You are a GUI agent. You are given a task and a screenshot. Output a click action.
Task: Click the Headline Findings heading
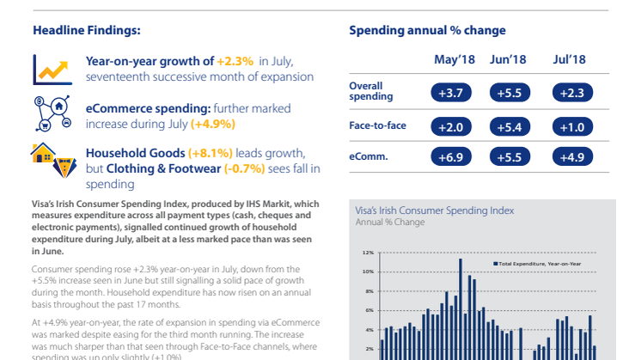tap(87, 30)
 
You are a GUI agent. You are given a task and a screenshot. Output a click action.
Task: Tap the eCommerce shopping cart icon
tap(51, 112)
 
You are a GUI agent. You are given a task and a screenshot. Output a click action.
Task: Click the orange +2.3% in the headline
tap(235, 61)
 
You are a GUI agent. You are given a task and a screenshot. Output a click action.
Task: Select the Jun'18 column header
tap(509, 59)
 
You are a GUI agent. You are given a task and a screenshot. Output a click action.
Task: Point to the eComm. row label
tap(367, 157)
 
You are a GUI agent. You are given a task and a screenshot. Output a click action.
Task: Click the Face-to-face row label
tap(377, 125)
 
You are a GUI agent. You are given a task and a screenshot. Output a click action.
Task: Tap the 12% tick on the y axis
tap(368, 253)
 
